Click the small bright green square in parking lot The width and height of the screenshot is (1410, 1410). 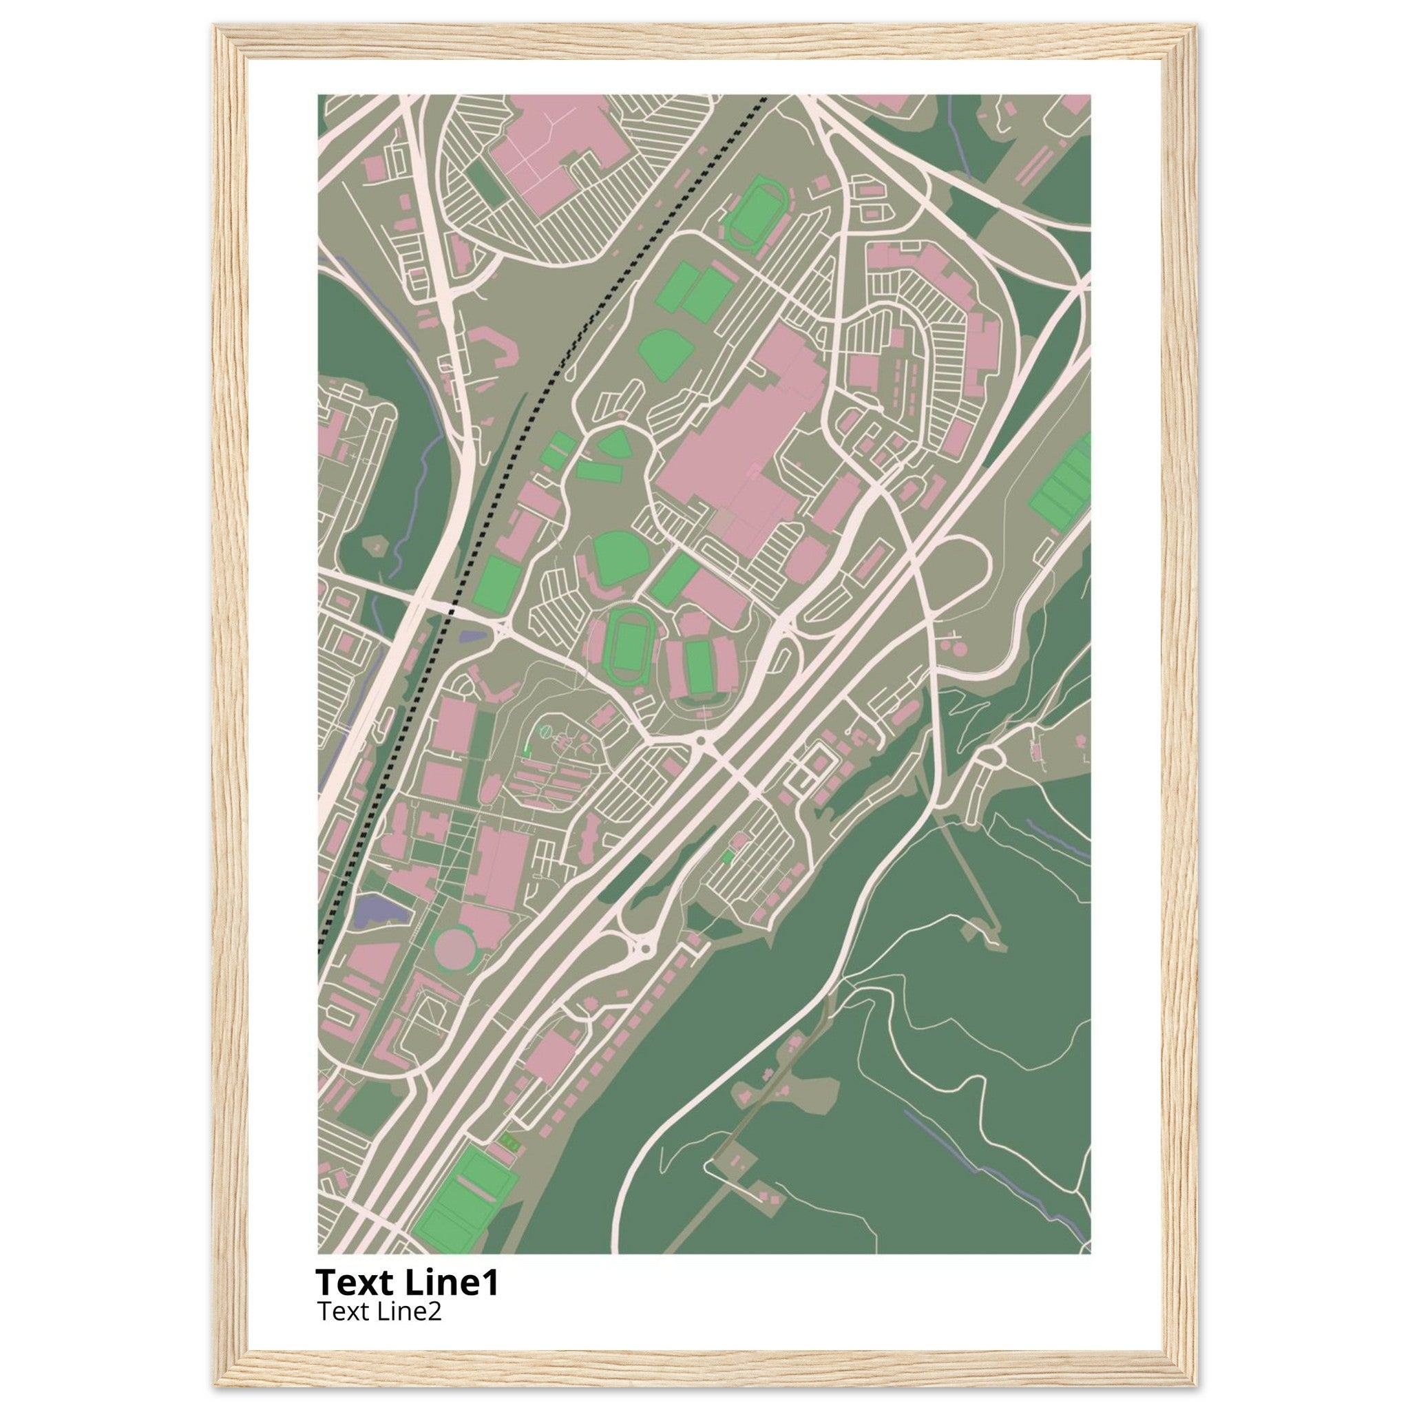coord(727,858)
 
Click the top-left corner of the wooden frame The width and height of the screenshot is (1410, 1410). coord(215,25)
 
